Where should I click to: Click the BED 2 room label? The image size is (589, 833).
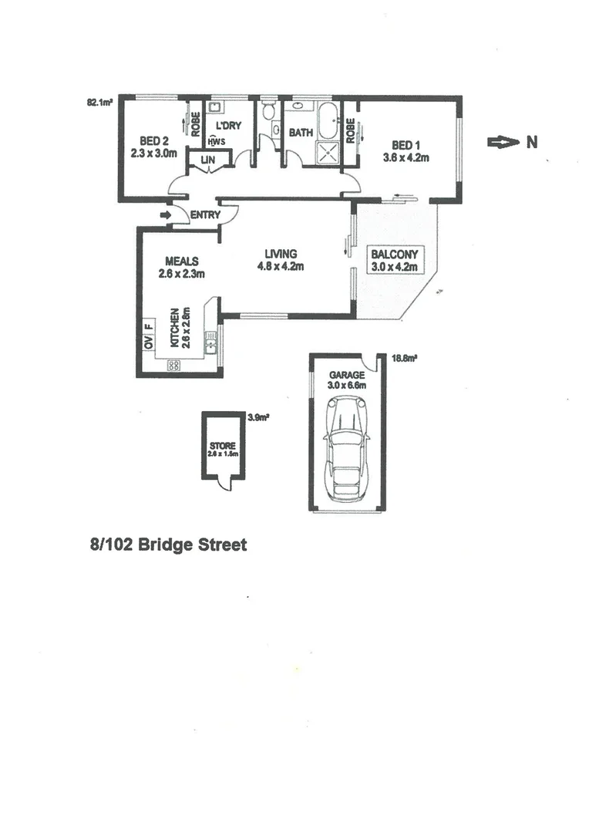(x=154, y=141)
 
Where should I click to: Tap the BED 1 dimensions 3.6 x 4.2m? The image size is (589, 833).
(x=406, y=157)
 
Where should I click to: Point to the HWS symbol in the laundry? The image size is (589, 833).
(x=217, y=141)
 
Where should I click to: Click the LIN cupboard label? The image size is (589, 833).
(x=207, y=160)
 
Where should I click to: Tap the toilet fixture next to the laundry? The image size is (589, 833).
(x=268, y=113)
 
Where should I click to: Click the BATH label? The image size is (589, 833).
(x=301, y=133)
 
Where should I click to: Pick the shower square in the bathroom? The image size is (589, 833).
(x=328, y=151)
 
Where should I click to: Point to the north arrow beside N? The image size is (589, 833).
(x=502, y=142)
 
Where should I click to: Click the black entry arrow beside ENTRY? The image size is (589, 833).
(x=166, y=215)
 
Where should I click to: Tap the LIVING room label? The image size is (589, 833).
(x=281, y=254)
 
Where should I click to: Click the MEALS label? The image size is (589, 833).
(x=182, y=261)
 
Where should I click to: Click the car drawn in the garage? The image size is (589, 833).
(x=347, y=447)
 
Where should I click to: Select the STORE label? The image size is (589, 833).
(x=223, y=446)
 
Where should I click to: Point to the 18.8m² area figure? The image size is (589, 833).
(x=404, y=358)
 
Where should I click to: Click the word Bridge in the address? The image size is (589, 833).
(x=167, y=545)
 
